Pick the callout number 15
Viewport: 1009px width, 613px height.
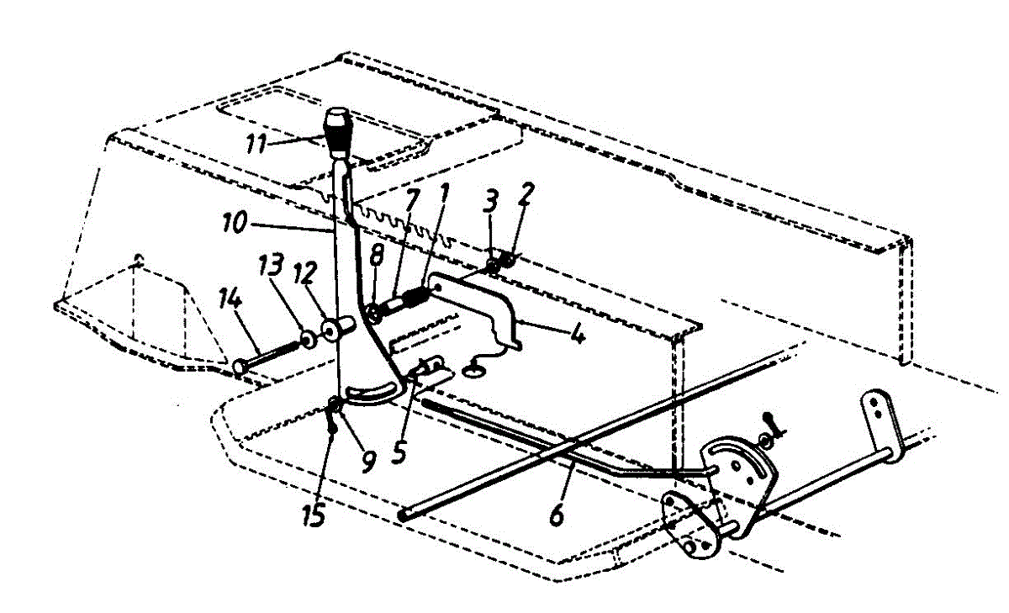(313, 514)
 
